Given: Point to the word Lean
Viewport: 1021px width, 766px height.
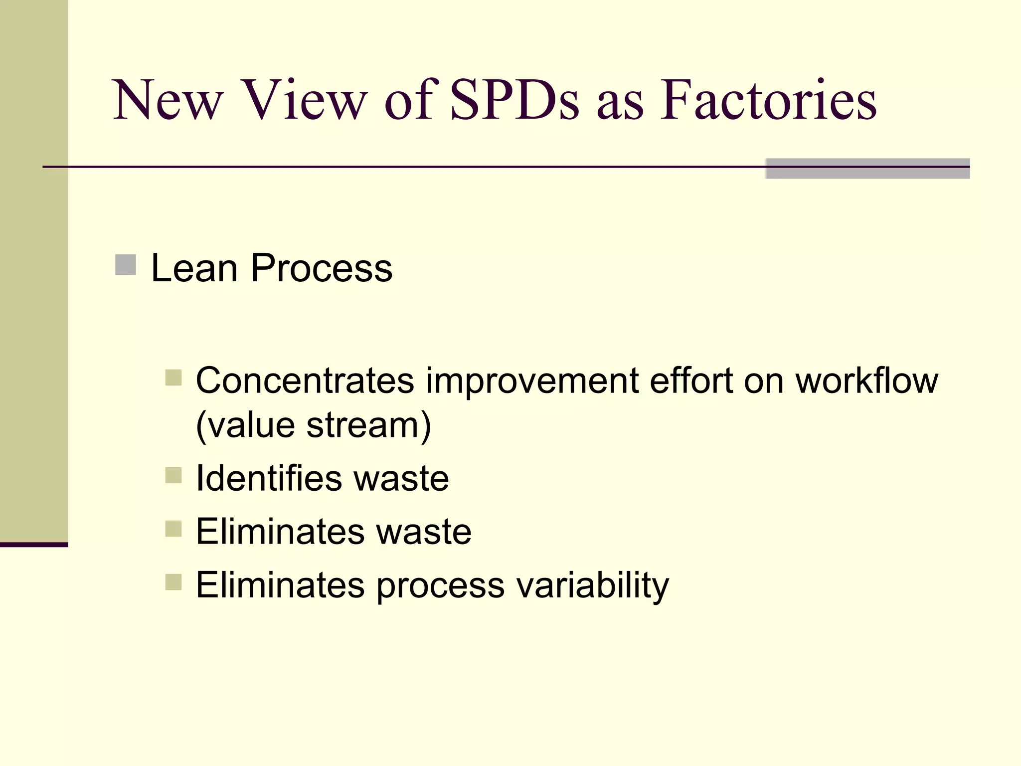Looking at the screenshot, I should [x=194, y=268].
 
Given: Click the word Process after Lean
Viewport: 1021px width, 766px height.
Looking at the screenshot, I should [x=321, y=268].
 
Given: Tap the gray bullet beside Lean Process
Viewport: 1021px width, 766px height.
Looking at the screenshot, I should [x=126, y=265].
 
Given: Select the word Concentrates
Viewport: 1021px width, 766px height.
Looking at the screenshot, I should [x=305, y=381].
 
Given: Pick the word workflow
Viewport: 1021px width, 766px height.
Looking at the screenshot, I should [x=866, y=381].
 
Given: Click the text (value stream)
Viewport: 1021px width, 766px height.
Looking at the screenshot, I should [x=313, y=425].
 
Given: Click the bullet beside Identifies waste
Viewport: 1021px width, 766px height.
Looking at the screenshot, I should [x=173, y=475].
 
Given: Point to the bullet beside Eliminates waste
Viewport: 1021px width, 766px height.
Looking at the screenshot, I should [x=173, y=529].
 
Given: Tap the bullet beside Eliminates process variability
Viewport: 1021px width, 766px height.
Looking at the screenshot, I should [x=173, y=582].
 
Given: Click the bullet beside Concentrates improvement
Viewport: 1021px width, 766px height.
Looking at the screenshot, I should [x=173, y=378].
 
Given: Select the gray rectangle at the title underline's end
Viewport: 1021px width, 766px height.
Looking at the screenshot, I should [x=867, y=169].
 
